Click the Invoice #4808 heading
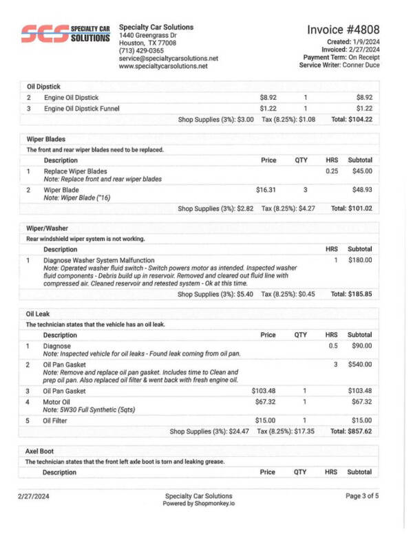click(x=343, y=30)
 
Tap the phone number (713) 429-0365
click(x=141, y=50)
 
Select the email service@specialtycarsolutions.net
click(x=168, y=58)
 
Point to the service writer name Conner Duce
click(x=361, y=65)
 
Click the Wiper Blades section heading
click(x=46, y=139)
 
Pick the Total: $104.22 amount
click(x=351, y=119)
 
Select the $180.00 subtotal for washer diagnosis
click(x=359, y=260)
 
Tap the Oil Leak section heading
click(x=40, y=314)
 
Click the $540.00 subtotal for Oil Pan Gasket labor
click(x=359, y=364)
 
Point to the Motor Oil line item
click(x=59, y=401)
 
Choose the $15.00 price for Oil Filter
click(x=266, y=420)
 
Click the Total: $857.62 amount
click(x=351, y=431)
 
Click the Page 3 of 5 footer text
click(x=362, y=495)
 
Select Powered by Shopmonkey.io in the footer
click(x=198, y=504)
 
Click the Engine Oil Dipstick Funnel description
click(x=81, y=109)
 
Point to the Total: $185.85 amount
click(x=351, y=294)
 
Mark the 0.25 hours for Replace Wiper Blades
click(x=332, y=171)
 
